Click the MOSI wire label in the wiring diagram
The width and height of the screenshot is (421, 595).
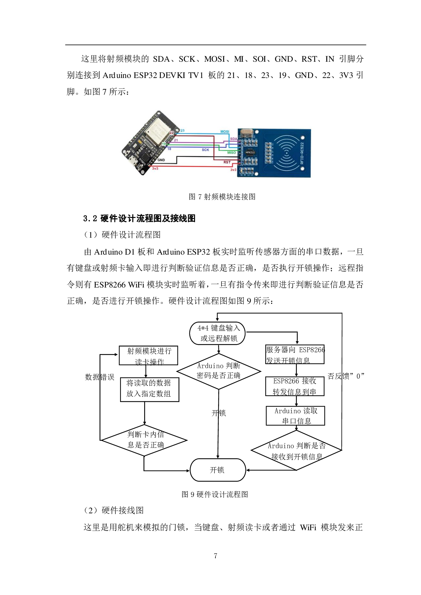225,132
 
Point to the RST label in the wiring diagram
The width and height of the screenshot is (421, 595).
227,162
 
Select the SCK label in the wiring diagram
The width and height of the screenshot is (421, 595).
205,150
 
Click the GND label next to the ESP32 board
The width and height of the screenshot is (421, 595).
161,160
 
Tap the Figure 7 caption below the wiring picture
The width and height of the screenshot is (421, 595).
222,197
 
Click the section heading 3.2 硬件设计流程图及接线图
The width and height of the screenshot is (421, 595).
139,219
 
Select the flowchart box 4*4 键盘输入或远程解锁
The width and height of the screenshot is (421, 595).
217,333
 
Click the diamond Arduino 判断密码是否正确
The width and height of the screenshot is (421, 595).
219,371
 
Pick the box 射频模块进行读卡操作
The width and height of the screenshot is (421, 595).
149,356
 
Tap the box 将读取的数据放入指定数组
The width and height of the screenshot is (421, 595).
149,389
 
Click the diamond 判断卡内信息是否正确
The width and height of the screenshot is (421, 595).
144,440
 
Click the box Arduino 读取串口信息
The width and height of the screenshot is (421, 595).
295,416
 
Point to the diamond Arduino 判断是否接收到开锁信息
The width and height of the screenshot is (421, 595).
296,451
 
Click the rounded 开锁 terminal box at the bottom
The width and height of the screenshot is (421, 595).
217,470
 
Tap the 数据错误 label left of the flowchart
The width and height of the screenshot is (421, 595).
99,377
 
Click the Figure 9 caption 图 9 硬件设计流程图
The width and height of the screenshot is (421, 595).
215,494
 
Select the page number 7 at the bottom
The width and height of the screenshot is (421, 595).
215,556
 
